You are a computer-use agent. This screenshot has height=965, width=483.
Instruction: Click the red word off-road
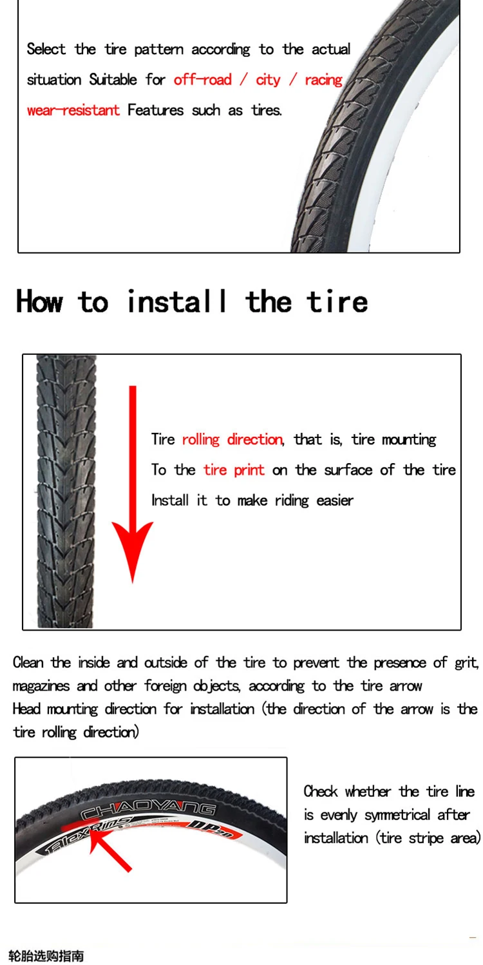[202, 80]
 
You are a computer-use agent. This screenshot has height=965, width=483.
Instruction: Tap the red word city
[268, 80]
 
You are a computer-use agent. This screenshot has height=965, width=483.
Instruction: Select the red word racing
[323, 80]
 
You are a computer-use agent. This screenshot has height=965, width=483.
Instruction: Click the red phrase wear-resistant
[73, 110]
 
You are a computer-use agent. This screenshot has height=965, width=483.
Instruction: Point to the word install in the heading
[176, 301]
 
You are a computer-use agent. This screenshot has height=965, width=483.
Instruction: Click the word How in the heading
[40, 301]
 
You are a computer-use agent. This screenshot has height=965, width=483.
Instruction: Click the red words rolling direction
[232, 439]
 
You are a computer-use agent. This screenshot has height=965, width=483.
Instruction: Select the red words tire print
[234, 470]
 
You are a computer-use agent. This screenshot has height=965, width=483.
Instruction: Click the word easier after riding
[335, 501]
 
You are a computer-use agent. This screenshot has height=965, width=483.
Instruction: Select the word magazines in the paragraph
[41, 686]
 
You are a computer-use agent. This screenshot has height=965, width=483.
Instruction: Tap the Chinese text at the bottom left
[46, 957]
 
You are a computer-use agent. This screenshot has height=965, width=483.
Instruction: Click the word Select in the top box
[46, 49]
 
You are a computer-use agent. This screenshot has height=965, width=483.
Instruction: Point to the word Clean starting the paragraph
[28, 662]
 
